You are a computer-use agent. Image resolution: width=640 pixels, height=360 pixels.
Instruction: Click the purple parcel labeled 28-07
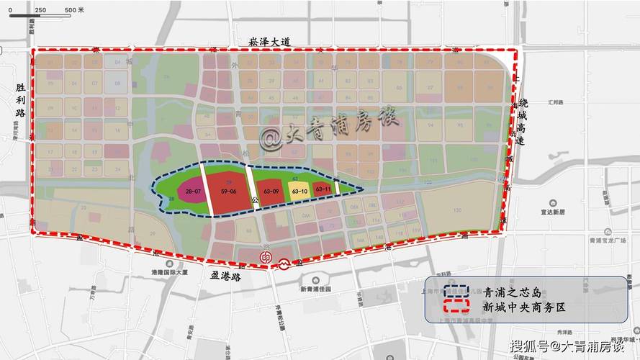(192, 192)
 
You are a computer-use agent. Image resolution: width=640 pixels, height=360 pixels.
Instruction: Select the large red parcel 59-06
(229, 192)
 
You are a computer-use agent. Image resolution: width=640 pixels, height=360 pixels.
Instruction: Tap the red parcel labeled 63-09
(271, 192)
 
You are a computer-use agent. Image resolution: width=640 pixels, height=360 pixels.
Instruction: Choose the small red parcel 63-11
(323, 189)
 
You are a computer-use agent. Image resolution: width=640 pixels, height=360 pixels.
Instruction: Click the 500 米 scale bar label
(73, 10)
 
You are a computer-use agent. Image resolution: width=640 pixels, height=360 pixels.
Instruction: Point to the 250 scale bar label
(40, 10)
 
